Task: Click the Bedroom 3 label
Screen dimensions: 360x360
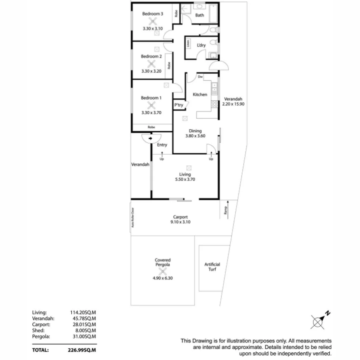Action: point(152,14)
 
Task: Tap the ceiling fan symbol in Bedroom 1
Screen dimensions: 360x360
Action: point(152,105)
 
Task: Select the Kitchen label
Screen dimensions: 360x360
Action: point(200,95)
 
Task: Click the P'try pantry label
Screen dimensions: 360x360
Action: point(179,105)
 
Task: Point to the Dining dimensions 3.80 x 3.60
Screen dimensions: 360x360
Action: point(195,136)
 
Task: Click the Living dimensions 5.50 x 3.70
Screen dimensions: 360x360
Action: point(185,179)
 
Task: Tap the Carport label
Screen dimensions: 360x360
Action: point(180,217)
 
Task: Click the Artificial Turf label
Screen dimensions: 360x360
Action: point(212,267)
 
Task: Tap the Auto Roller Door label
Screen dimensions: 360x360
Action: point(132,218)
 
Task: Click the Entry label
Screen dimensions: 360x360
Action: point(162,145)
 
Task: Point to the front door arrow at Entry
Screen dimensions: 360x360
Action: point(151,138)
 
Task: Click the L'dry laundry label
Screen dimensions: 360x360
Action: point(201,45)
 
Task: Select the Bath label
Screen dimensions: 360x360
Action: point(200,15)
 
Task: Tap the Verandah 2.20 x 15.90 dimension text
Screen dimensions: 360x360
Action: point(233,104)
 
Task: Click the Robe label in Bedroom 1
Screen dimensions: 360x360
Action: point(151,127)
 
